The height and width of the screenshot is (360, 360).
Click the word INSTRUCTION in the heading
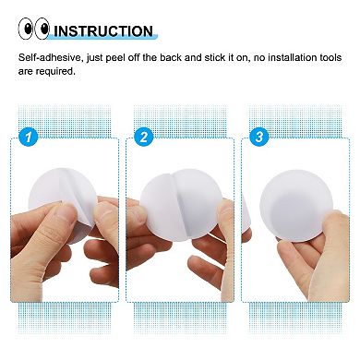[102, 30]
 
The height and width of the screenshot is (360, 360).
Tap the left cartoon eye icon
[26, 30]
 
